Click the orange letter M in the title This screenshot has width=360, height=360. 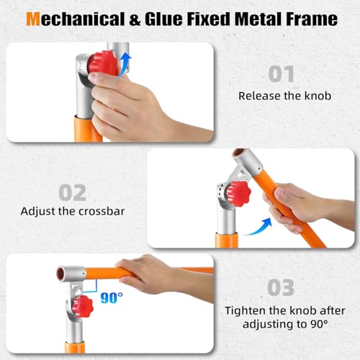click(x=33, y=19)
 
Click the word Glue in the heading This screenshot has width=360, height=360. click(x=163, y=19)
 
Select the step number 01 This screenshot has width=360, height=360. click(x=282, y=74)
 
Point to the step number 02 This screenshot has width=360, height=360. click(x=73, y=192)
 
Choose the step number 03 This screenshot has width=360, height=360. click(x=281, y=287)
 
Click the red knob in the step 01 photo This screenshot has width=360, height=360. click(x=103, y=63)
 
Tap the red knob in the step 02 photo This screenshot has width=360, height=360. click(x=239, y=194)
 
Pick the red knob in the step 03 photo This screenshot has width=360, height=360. click(x=82, y=307)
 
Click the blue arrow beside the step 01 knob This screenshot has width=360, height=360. click(x=125, y=66)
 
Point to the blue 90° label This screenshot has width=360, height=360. click(x=112, y=298)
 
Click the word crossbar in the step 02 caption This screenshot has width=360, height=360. click(x=102, y=211)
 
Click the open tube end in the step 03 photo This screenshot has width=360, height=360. click(x=60, y=273)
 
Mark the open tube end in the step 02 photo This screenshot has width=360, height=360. click(x=239, y=153)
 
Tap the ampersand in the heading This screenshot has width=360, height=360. click(x=135, y=19)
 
